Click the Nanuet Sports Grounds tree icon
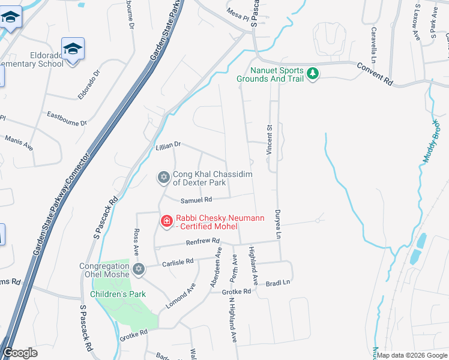pos(312,74)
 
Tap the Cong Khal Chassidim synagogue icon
pos(163,177)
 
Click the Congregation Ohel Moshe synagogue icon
pos(139,268)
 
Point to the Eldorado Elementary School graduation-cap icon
pos(73,48)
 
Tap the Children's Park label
pos(118,295)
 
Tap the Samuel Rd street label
pos(197,200)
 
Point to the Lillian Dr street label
pos(168,145)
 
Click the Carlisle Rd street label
pos(178,262)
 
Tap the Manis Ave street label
pos(19,142)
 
